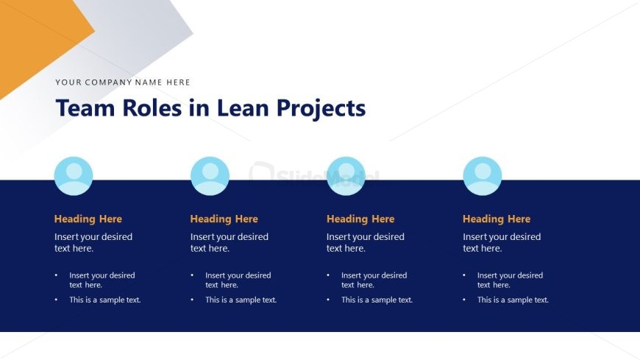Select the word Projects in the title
(321, 110)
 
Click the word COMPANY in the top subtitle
(109, 82)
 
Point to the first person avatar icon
(74, 176)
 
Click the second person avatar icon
(210, 176)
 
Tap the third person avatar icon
(346, 176)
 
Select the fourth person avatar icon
(482, 176)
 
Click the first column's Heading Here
(88, 219)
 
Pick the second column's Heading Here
(224, 219)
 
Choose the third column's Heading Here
(360, 219)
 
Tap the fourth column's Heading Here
(497, 219)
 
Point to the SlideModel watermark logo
(313, 174)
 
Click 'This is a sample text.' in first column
(105, 300)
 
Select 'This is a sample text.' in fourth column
(513, 300)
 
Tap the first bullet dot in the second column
(192, 275)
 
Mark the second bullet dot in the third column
(328, 300)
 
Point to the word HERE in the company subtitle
(178, 82)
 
